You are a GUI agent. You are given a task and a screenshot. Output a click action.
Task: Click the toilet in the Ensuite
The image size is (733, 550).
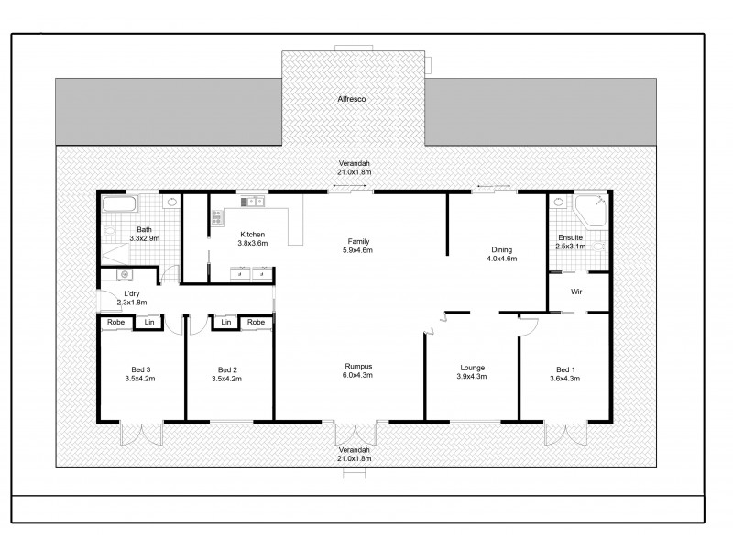pos(598,245)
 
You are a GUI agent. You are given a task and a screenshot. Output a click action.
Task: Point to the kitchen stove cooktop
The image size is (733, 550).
pos(217,217)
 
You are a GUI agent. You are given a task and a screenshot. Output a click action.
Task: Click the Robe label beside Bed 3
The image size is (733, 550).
pos(115,323)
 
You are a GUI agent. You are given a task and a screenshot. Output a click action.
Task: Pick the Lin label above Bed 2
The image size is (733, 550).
pos(224,323)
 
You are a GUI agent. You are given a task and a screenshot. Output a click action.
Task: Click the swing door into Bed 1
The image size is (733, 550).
pos(528,322)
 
